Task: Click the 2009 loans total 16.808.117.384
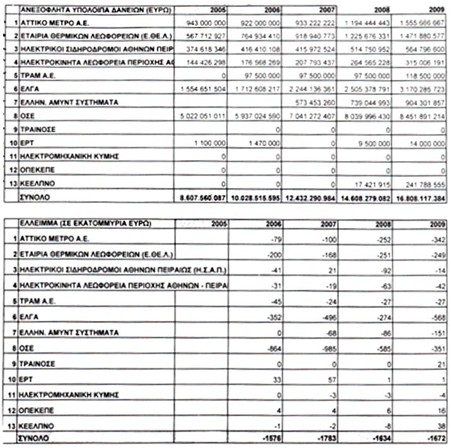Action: click(x=419, y=198)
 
